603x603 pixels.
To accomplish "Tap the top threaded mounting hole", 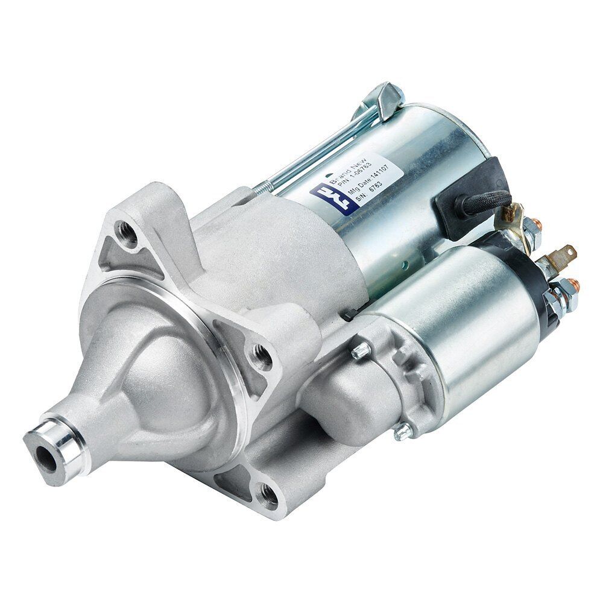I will (127, 231).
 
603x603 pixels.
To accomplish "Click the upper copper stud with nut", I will (531, 228).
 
